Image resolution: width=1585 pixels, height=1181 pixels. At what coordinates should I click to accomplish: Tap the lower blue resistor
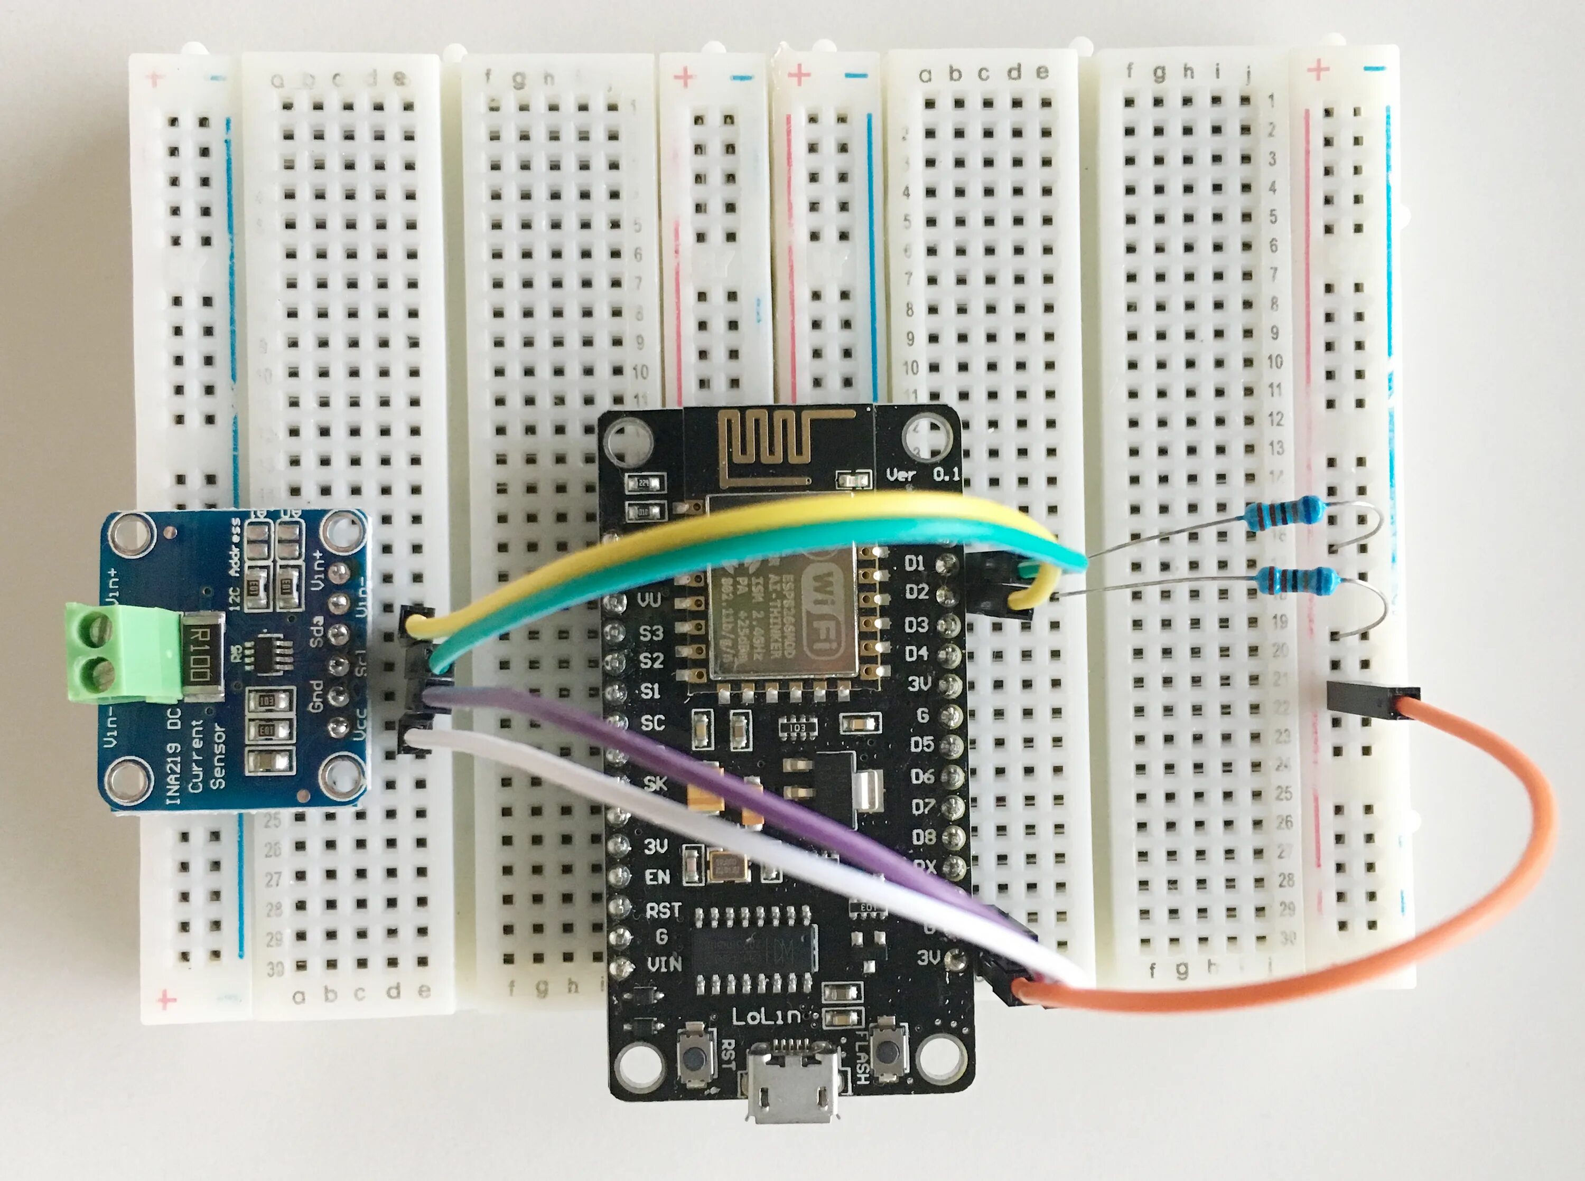1298,580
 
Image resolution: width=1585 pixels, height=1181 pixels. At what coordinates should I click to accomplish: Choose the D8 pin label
924,836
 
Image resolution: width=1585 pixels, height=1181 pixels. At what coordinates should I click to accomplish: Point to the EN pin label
657,877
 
